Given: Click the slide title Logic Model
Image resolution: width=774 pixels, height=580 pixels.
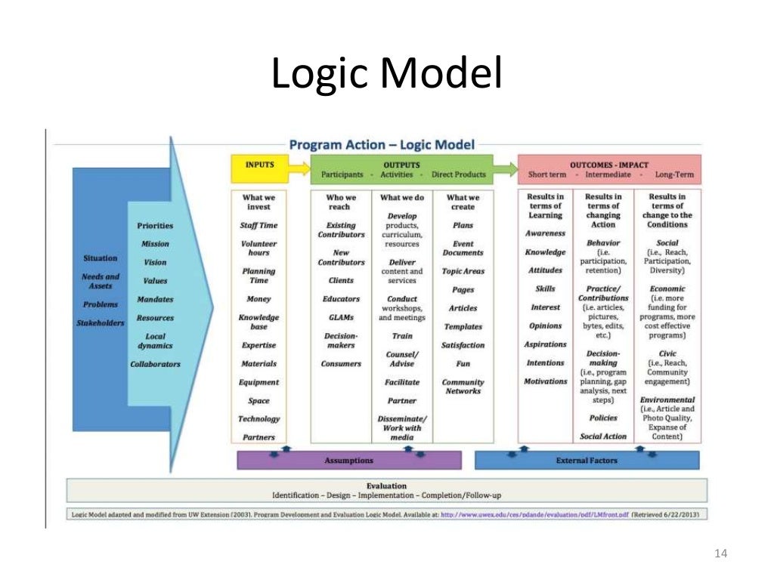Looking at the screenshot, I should pos(386,76).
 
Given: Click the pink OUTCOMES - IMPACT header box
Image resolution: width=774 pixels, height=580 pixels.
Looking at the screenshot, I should pos(608,169).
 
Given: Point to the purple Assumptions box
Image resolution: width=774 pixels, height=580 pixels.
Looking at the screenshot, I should pos(348,460).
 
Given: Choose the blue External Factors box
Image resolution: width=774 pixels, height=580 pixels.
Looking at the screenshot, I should pos(587,460).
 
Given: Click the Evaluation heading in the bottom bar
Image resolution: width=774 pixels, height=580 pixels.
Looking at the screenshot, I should pos(386,486).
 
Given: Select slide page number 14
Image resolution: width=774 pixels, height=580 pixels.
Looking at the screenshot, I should pos(720,555).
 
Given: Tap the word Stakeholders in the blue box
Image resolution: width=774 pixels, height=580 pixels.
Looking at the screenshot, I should pos(100,323).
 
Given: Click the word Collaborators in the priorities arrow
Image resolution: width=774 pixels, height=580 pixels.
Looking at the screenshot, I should pos(155,364).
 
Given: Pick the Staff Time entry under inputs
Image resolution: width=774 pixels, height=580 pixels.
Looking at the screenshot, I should pos(259,225).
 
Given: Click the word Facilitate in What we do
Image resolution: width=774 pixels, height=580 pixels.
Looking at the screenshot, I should pos(402,382).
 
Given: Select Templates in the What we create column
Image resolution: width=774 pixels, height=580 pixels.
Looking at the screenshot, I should pos(463,327).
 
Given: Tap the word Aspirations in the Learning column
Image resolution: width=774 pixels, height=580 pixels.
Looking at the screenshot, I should pos(545,344).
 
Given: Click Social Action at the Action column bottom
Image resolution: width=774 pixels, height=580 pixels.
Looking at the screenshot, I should pos(603,437).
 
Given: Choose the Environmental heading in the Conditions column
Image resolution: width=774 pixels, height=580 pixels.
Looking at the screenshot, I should pos(667,400).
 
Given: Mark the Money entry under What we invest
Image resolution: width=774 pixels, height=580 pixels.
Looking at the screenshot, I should pos(259,299).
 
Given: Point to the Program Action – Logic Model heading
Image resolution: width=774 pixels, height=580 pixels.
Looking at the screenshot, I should pos(382,144).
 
